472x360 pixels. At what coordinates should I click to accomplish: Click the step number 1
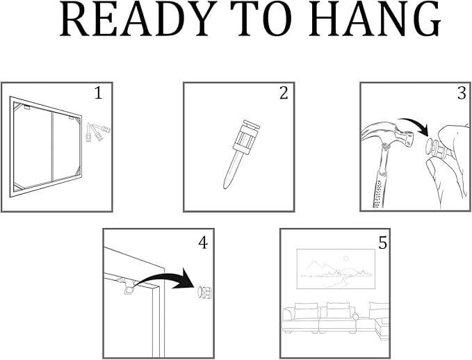[99, 92]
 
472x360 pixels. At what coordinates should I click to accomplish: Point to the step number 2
[284, 92]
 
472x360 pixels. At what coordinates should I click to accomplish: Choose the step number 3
[462, 92]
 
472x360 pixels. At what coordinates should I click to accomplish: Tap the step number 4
[203, 243]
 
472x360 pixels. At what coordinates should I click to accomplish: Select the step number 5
[382, 243]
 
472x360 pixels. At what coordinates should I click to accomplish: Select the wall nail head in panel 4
[204, 293]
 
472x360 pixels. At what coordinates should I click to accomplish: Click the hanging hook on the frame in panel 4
[129, 290]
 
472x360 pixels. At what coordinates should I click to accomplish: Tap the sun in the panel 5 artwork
[347, 258]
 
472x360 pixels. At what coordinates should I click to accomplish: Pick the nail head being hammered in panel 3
[431, 146]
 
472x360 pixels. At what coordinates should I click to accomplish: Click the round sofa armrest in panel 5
[355, 317]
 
